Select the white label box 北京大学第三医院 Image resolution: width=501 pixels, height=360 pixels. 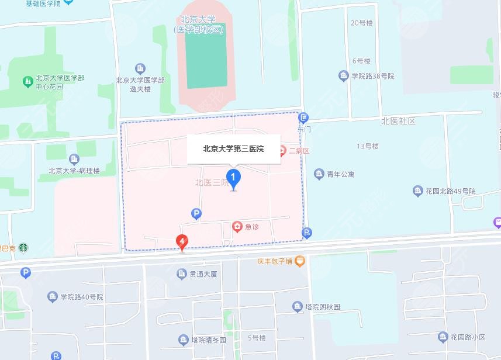coord(233,149)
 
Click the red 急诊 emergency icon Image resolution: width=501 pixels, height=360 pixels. coord(237,227)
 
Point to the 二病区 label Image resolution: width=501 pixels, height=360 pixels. coord(298,151)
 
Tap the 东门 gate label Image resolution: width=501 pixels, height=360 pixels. coord(303,129)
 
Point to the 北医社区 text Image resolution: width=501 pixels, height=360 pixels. coord(398,121)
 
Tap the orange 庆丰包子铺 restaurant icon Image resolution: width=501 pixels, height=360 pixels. coord(299,261)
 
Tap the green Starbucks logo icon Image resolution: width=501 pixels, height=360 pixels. coord(23,248)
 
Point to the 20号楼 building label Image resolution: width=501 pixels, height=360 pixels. coord(361,23)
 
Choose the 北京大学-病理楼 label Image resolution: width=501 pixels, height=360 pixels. coord(74,171)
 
